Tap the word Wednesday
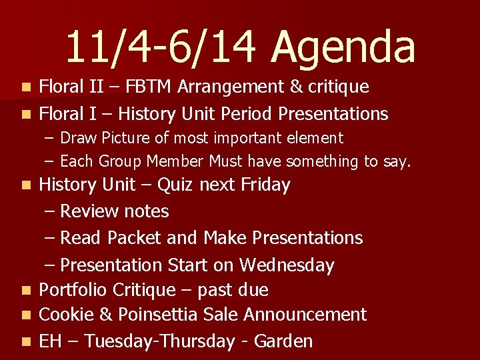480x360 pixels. point(287,265)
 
